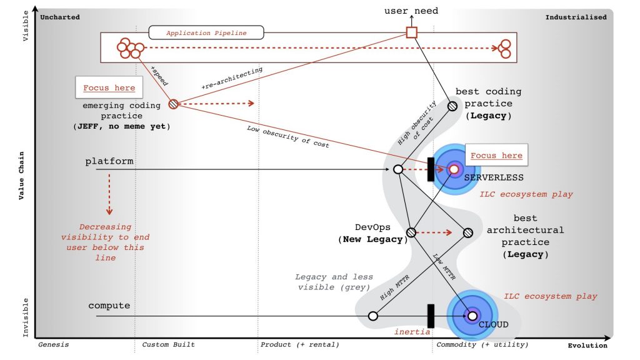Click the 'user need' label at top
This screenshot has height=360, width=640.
point(411,11)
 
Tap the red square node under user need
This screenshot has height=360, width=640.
point(411,32)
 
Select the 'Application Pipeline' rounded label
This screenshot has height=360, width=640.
point(206,32)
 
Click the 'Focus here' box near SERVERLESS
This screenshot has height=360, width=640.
point(496,155)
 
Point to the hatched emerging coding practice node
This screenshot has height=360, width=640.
point(173,104)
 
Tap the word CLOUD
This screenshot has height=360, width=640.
point(493,324)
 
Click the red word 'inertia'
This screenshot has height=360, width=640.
point(412,332)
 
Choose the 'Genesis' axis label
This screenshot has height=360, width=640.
point(54,345)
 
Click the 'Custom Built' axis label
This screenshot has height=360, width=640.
point(168,345)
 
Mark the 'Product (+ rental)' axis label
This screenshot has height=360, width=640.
point(299,345)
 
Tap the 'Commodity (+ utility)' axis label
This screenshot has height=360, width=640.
point(482,345)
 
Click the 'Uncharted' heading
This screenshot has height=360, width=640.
point(60,17)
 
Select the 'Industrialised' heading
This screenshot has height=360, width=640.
point(576,17)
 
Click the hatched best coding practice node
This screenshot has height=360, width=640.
point(452,106)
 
